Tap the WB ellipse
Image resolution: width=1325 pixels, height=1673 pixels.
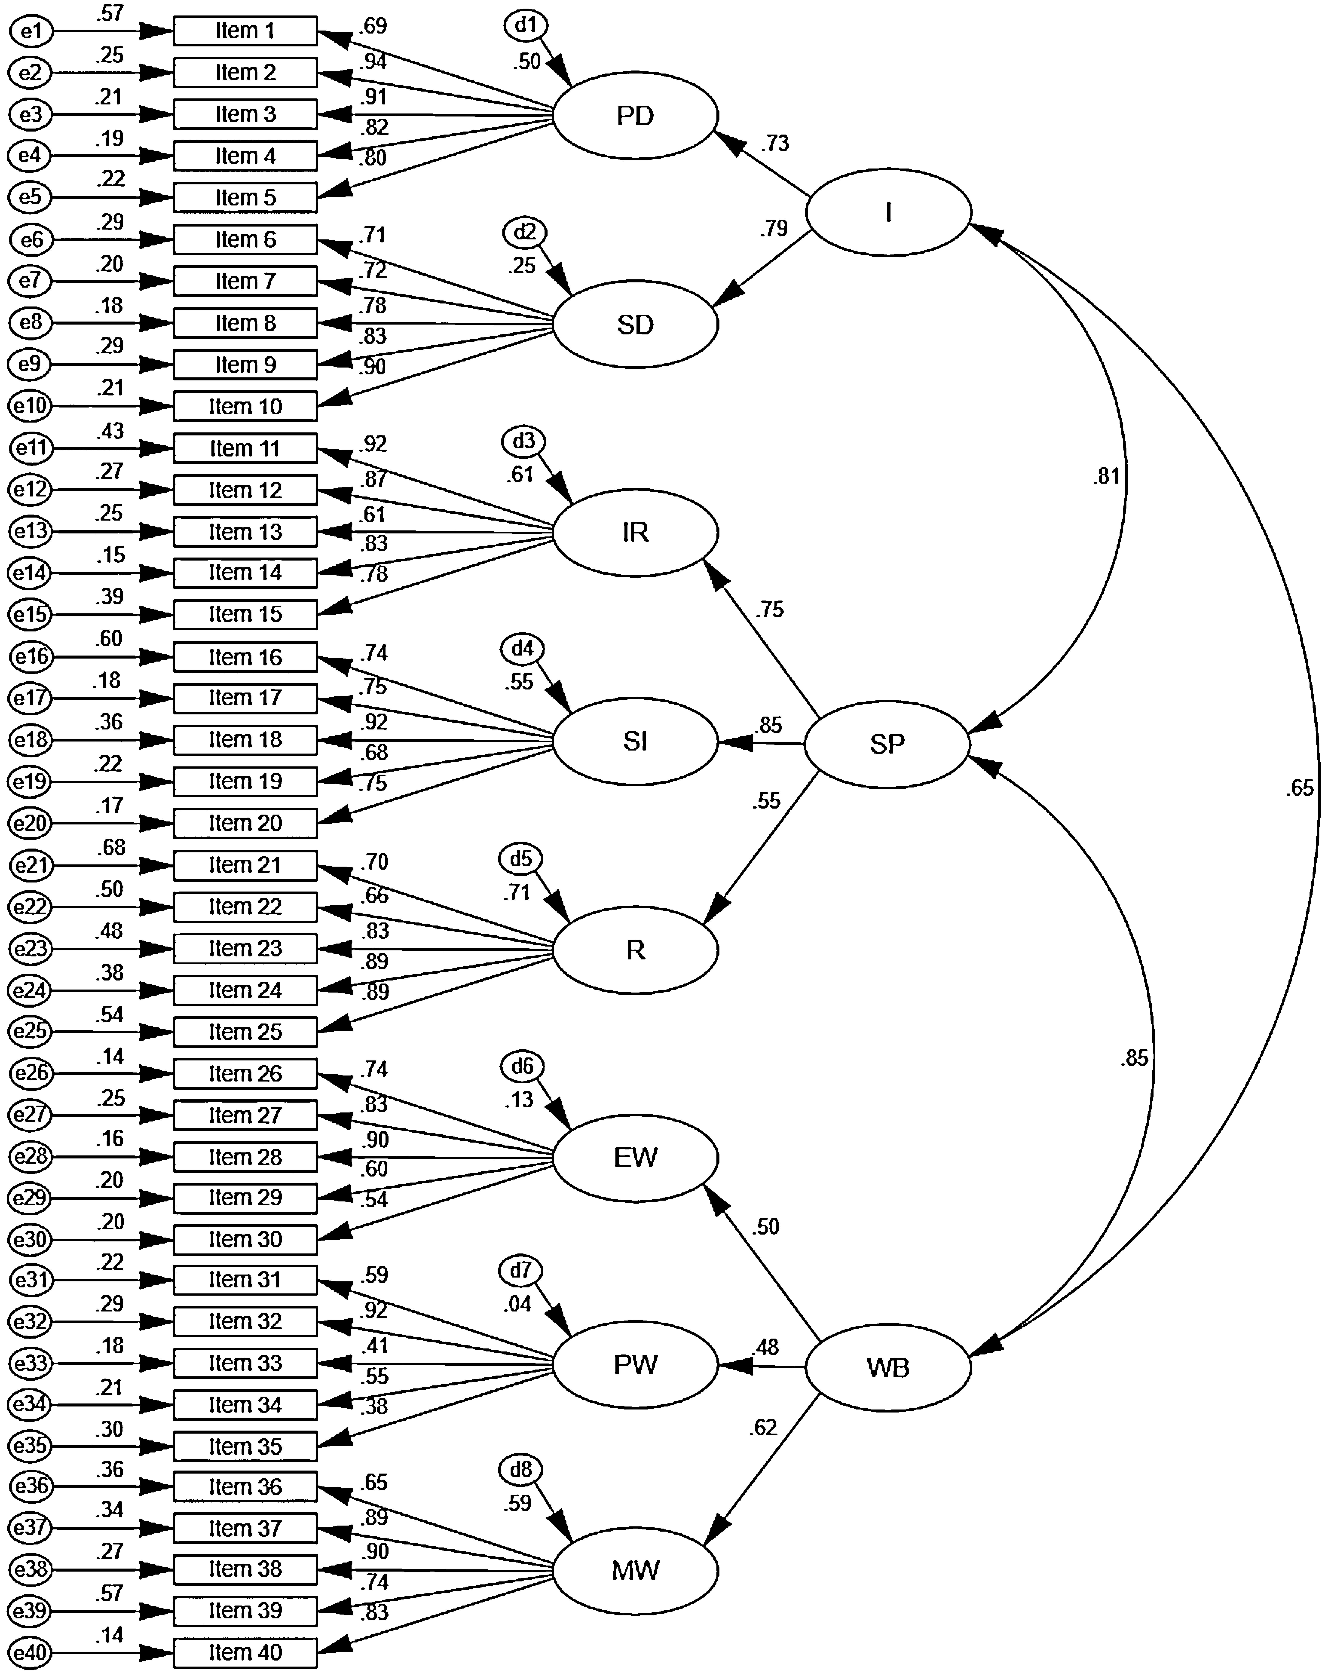[887, 1367]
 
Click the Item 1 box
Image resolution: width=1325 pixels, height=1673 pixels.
[245, 31]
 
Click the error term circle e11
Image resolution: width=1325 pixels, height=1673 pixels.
[31, 449]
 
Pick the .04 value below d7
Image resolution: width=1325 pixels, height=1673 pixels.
[517, 1304]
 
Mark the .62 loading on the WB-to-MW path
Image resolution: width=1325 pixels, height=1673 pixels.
[763, 1428]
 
